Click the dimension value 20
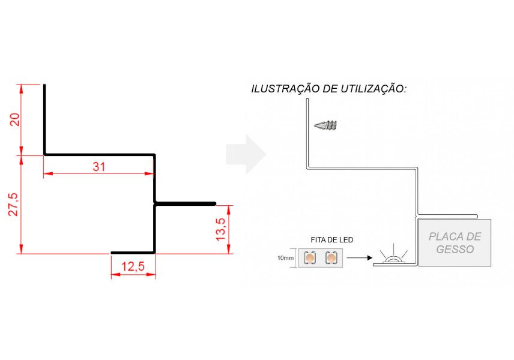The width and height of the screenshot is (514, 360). point(15,119)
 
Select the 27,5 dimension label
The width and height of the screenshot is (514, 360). point(13,205)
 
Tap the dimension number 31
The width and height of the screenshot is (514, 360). point(99,167)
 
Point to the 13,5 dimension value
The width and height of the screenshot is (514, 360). point(221,229)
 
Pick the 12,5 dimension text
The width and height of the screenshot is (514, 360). point(133,266)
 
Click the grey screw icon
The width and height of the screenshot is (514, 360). point(325,125)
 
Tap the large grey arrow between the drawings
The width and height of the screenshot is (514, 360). point(246,154)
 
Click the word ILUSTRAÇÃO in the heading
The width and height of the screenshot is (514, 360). point(285,88)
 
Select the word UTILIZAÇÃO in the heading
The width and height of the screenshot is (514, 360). point(373,88)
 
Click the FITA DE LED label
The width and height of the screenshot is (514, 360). point(331,240)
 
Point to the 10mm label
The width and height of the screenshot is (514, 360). point(285,258)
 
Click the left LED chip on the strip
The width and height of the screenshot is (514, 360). point(310,257)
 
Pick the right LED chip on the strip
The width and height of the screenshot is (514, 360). point(331,257)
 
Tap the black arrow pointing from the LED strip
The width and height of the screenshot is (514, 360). point(360,258)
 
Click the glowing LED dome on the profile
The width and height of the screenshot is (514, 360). point(393,259)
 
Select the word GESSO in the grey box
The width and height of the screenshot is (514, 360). point(455,249)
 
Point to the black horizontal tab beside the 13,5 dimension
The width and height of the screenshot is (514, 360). point(185,204)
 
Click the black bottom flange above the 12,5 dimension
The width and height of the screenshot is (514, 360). point(133,253)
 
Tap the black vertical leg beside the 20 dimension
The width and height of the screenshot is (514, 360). point(44,119)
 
